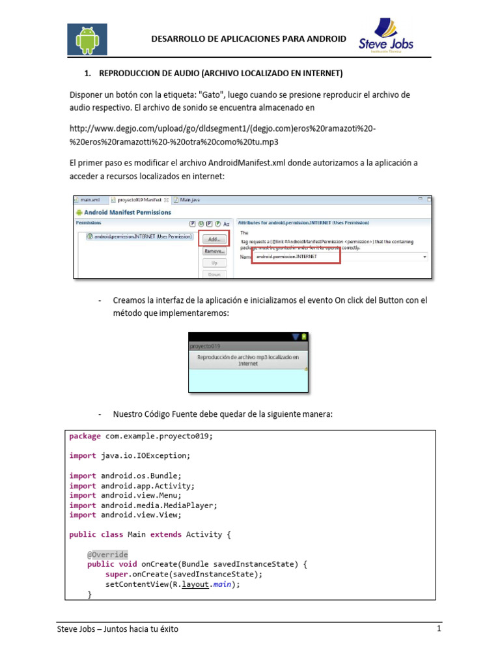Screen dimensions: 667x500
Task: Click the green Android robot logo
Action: click(x=87, y=40)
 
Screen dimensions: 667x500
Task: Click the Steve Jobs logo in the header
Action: click(x=386, y=36)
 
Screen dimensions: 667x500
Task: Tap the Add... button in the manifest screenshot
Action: click(x=214, y=239)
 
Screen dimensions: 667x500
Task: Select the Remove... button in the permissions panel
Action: click(x=214, y=251)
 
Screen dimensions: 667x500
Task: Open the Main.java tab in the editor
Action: click(x=189, y=200)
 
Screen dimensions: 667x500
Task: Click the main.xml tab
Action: click(x=88, y=200)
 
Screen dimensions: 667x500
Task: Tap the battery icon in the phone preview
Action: click(x=304, y=337)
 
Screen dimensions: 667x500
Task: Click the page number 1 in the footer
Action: click(x=439, y=629)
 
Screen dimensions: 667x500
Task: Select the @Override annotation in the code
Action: click(x=107, y=554)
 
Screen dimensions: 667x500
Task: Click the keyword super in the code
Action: click(x=117, y=574)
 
